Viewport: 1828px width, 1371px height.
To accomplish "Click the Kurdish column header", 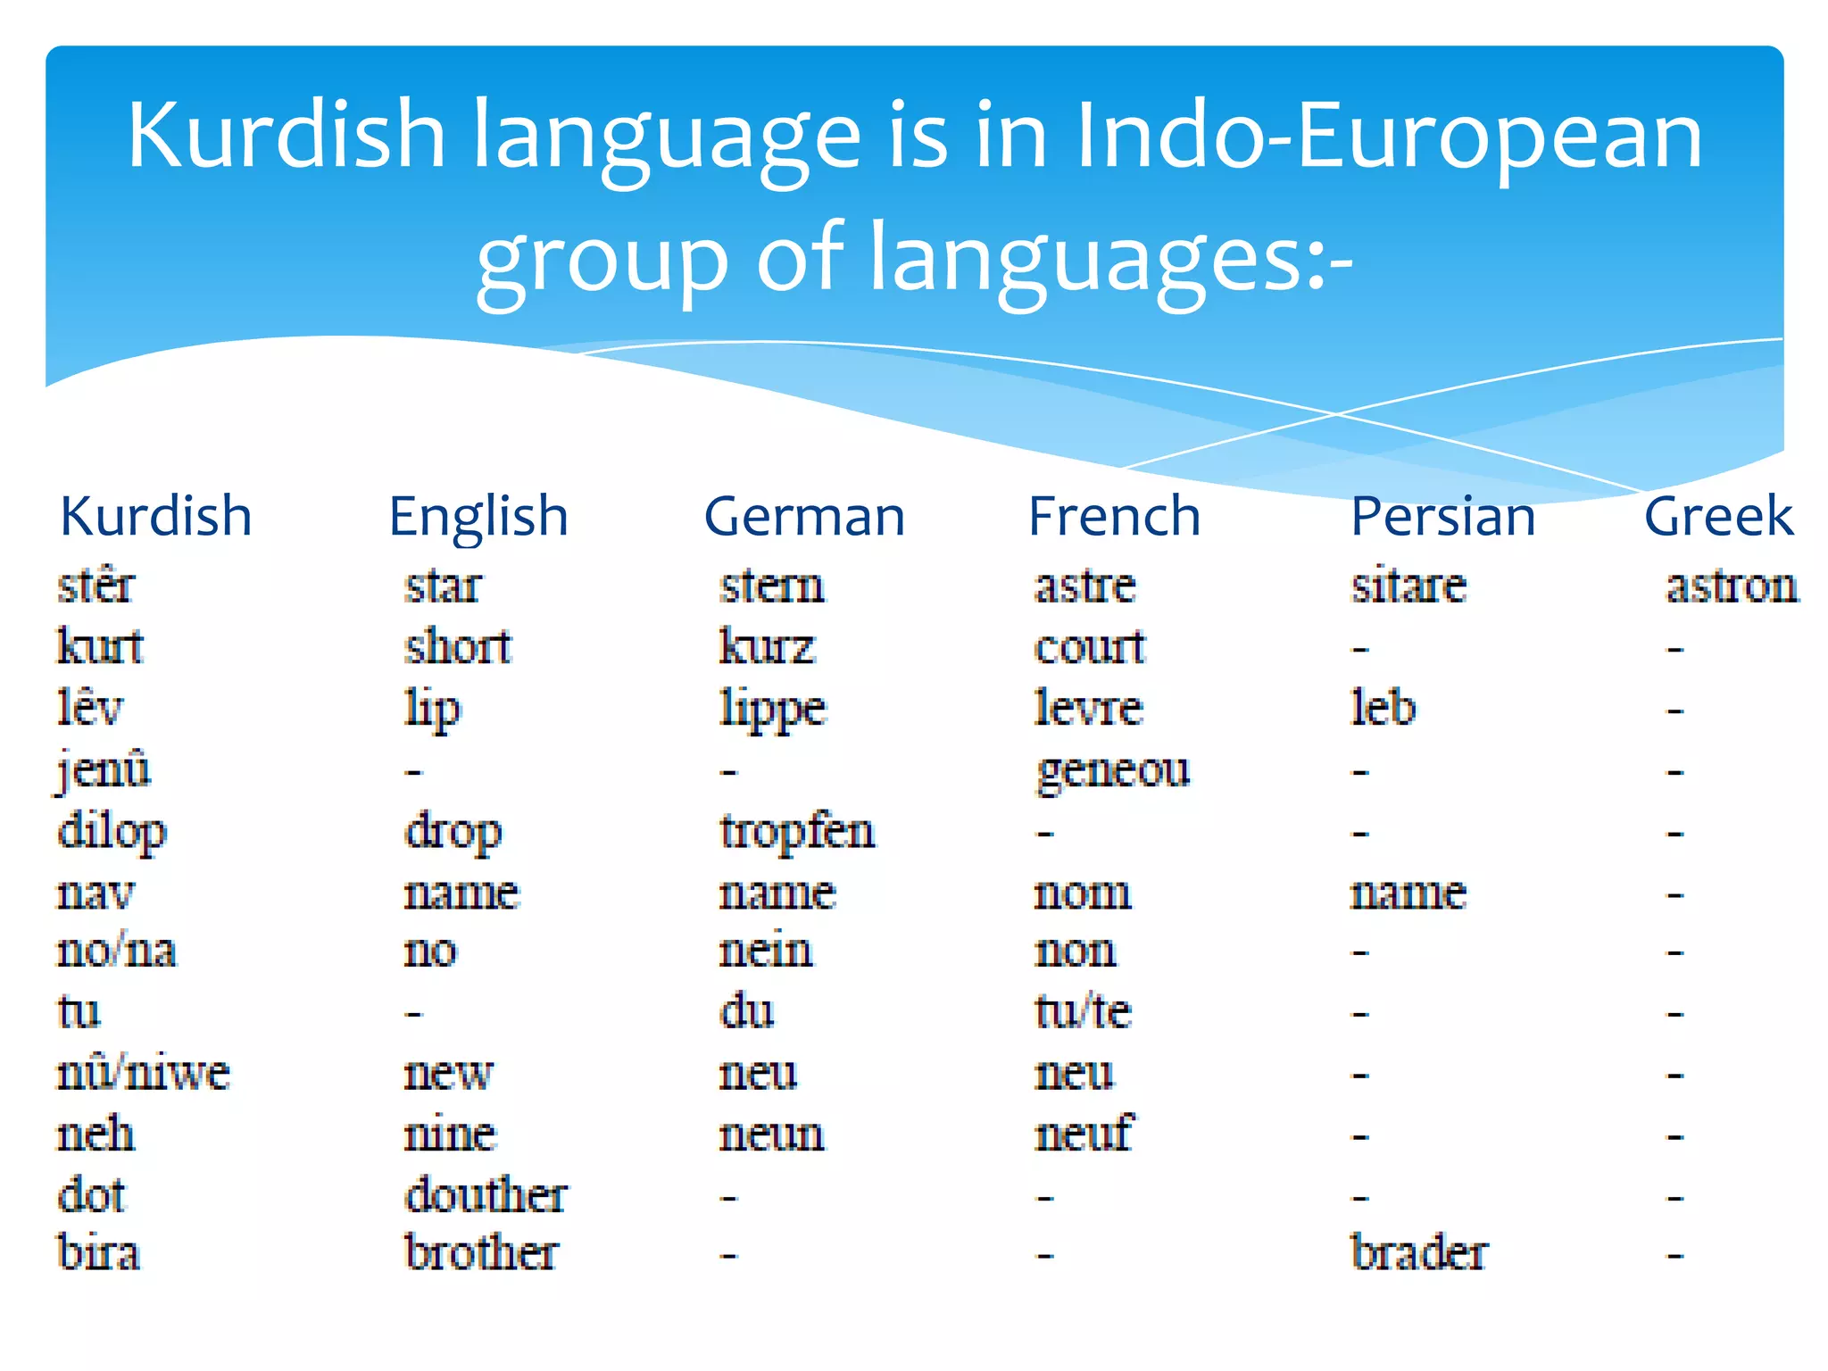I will click(156, 516).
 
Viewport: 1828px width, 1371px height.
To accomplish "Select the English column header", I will click(478, 518).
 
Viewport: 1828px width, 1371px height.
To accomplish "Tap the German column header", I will click(804, 516).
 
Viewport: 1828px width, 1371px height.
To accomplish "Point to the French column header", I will click(1114, 516).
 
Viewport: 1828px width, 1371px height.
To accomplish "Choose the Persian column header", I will click(1442, 516).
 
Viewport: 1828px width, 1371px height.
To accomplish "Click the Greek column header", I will click(1718, 516).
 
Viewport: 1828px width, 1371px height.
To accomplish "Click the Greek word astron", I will click(1732, 586).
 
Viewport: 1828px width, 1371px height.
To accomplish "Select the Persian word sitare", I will click(1408, 586).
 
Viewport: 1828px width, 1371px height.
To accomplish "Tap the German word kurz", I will click(767, 646).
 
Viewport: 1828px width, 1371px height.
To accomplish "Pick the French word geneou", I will click(1112, 770).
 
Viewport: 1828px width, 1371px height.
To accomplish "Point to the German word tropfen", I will click(797, 832).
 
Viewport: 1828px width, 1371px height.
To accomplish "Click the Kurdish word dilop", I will click(112, 832).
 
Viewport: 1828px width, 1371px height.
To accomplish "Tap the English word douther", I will click(486, 1194).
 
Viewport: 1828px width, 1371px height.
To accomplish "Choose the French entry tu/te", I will click(1083, 1012).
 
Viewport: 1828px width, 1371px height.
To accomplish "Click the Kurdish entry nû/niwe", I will click(143, 1072).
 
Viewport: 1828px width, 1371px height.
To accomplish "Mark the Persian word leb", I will click(1383, 708).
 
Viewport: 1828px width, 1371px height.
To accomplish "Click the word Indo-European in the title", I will click(1389, 136).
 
